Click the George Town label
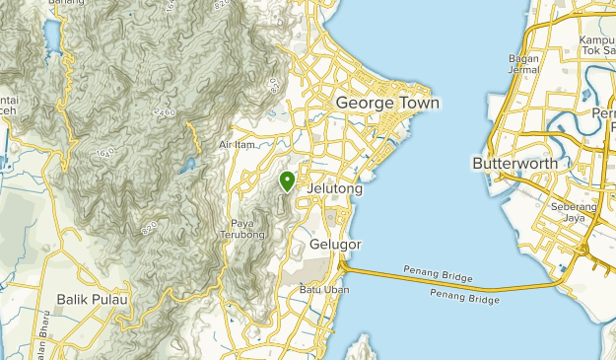coord(387,103)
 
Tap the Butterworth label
coord(514,163)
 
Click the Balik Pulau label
coord(93,300)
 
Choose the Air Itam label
coord(237,145)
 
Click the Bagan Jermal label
coord(524,64)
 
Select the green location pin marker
coord(287,181)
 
